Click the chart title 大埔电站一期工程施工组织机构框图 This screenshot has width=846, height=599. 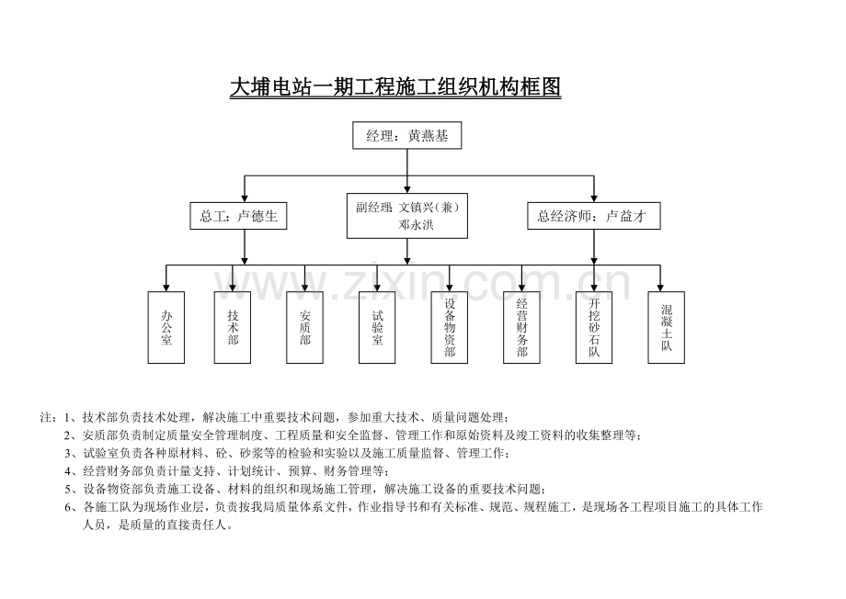tap(394, 88)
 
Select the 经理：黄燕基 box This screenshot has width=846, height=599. tap(407, 136)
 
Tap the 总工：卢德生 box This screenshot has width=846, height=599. tap(238, 216)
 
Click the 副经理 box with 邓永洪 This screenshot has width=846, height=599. tap(407, 216)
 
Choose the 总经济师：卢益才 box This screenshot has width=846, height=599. tap(593, 216)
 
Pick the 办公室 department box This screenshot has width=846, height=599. tap(166, 327)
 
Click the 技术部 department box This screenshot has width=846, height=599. tap(233, 327)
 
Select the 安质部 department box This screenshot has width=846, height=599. tap(305, 327)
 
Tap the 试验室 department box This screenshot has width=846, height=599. tap(378, 327)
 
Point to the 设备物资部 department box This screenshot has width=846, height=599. tap(450, 327)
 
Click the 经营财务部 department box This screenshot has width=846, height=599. tap(522, 327)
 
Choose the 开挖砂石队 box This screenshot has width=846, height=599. tap(594, 327)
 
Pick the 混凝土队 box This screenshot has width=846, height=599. tap(667, 327)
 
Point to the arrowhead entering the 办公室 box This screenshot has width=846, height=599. tap(166, 287)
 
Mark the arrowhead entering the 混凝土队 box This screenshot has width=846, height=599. tap(660, 287)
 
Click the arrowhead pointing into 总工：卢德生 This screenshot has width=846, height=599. tap(245, 197)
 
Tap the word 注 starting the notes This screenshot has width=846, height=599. tap(46, 416)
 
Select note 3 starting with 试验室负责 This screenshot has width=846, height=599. tap(294, 453)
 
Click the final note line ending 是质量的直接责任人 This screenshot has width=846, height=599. tap(157, 526)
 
